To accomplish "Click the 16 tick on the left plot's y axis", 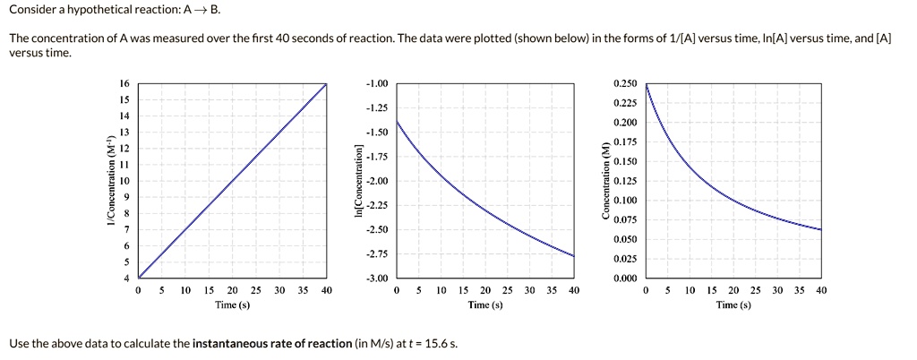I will point(124,83).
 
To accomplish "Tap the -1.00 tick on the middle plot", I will point(376,83).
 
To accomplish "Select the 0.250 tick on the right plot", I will point(625,83).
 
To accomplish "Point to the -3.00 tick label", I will point(376,279).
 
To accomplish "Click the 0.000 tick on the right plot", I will point(625,279).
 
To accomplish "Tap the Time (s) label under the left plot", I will point(232,304).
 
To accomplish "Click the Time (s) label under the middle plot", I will point(485,304).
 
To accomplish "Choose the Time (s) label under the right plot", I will point(733,304).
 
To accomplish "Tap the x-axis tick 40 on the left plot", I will point(326,290).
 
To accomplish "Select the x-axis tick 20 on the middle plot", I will point(485,290).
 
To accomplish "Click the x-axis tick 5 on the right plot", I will point(667,290).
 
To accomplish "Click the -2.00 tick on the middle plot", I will point(376,181).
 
